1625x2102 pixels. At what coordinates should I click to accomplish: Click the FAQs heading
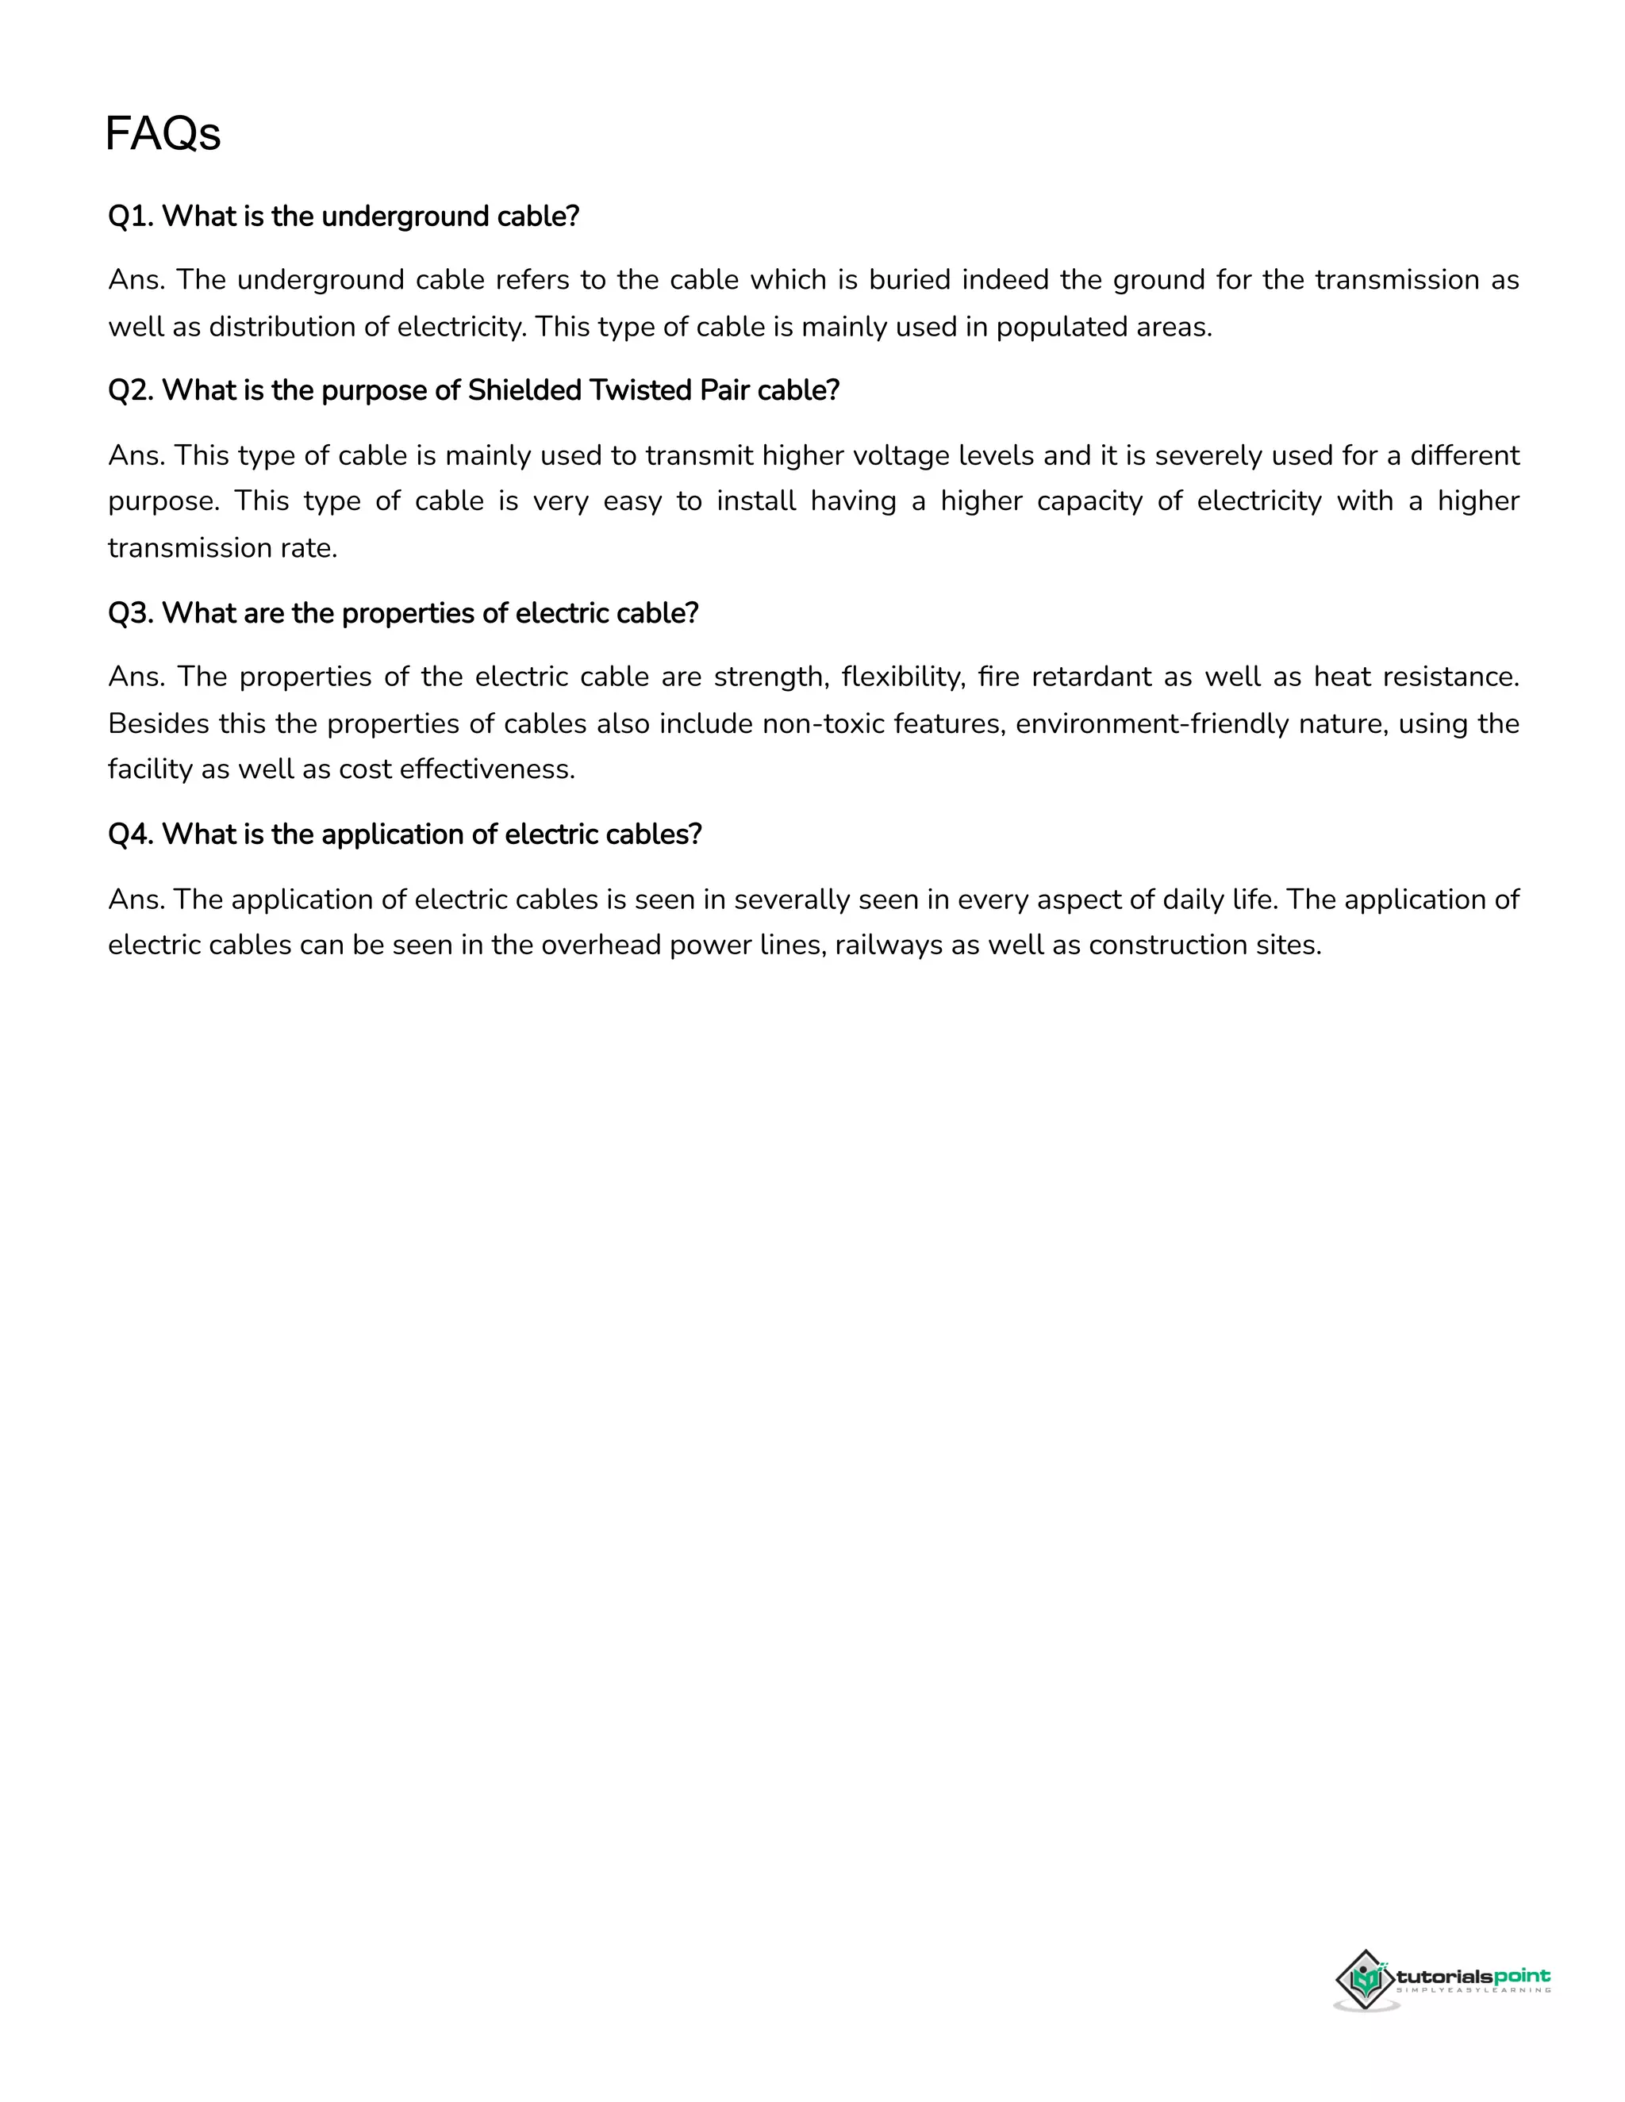tap(163, 134)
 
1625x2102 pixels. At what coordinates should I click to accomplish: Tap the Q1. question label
tap(131, 217)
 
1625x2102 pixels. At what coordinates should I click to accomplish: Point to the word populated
tap(1062, 328)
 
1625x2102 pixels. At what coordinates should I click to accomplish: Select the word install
tap(755, 501)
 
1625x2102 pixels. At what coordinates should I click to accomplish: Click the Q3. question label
tap(131, 613)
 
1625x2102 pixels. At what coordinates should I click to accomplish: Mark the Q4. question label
tap(131, 834)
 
